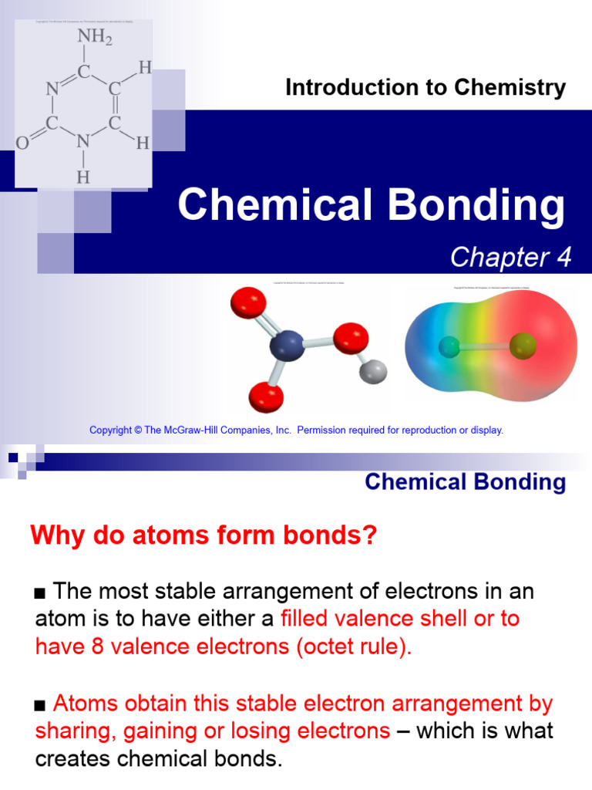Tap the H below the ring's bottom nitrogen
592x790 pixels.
(x=83, y=177)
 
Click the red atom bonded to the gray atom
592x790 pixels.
(x=351, y=337)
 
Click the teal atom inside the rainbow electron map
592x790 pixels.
(x=449, y=347)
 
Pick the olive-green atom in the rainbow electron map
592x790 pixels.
(x=522, y=344)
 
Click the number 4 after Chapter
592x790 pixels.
(x=566, y=258)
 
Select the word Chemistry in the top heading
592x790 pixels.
(x=520, y=88)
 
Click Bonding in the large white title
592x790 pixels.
(x=478, y=206)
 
